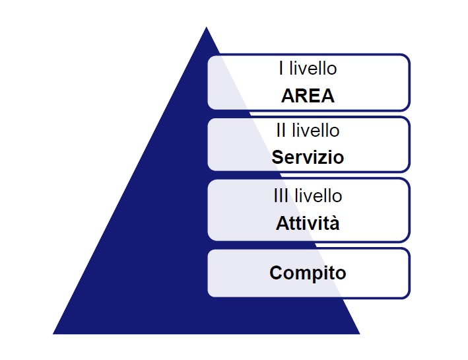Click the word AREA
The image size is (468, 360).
[308, 96]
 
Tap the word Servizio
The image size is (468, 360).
[308, 157]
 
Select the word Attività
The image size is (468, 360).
[308, 223]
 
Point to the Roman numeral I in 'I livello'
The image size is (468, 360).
[281, 68]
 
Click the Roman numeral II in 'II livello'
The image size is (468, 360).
[281, 130]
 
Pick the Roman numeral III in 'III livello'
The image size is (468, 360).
[281, 196]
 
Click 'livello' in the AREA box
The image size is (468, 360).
[313, 68]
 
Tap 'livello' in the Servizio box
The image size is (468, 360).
[316, 130]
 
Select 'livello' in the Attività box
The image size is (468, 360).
[318, 196]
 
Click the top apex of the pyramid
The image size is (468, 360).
[206, 27]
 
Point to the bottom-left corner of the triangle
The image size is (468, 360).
[53, 334]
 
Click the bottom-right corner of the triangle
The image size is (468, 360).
[360, 334]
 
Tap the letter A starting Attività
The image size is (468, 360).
[282, 223]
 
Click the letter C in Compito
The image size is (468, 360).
[276, 273]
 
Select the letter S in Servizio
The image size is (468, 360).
[278, 157]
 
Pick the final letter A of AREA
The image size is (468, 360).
[327, 96]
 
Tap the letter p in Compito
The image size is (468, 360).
[315, 275]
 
